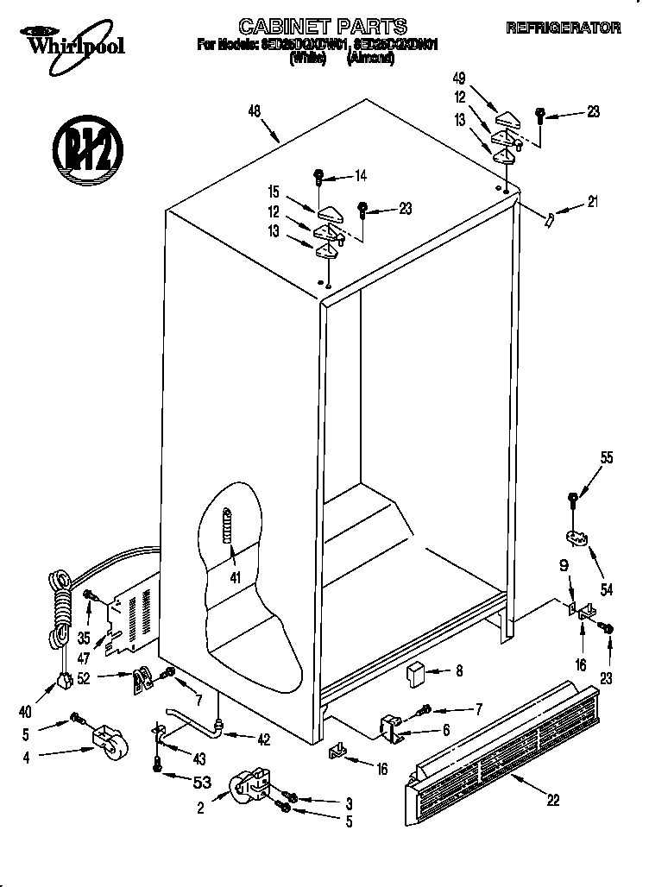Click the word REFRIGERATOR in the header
[x=563, y=28]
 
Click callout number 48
[x=254, y=110]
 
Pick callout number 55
[x=607, y=458]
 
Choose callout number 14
[x=361, y=176]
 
